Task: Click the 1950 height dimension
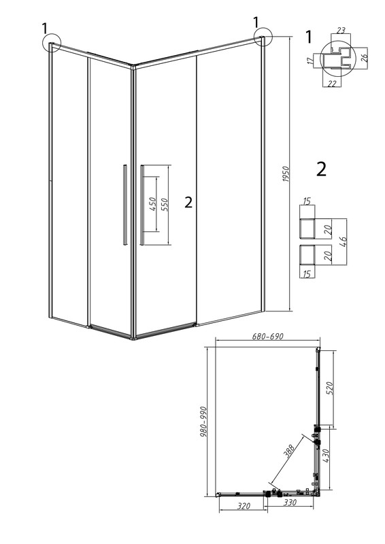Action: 286,175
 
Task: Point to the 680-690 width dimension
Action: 267,337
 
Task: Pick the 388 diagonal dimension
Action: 288,452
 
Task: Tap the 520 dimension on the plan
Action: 329,388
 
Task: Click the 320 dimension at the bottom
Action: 244,506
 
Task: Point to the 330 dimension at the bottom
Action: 290,503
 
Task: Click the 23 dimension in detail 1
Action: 341,31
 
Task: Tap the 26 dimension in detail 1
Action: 364,58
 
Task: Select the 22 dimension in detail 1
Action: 332,84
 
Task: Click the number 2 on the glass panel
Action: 188,202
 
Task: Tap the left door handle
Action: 124,205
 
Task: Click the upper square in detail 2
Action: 307,228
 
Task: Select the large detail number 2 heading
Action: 322,169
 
